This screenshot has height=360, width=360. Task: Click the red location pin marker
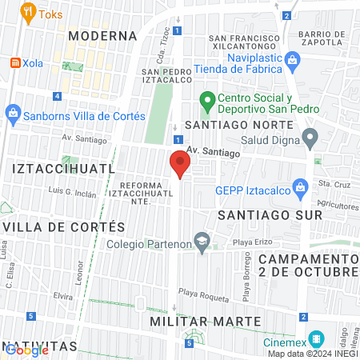click(179, 164)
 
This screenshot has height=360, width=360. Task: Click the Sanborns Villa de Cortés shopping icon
click(13, 113)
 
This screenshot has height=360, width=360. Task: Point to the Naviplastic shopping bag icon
click(293, 59)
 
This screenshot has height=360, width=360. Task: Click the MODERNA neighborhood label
click(102, 36)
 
